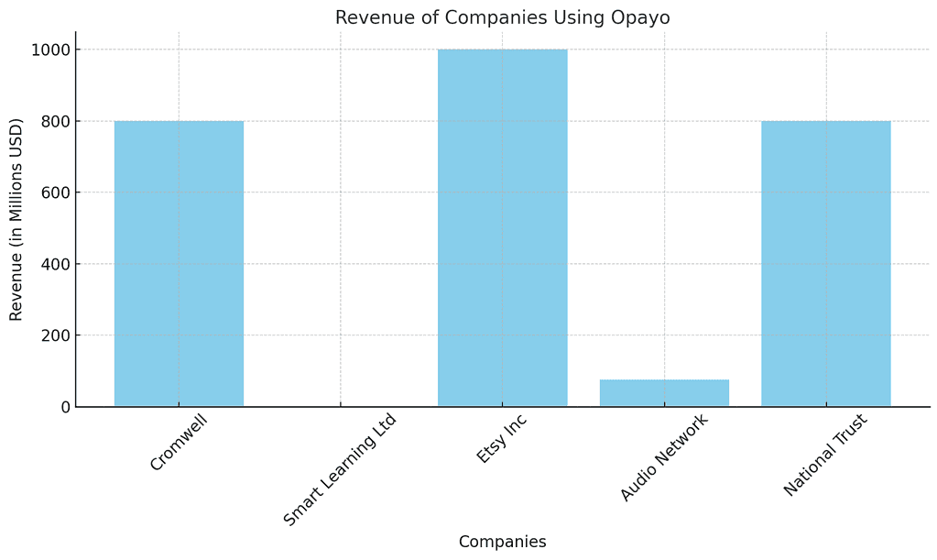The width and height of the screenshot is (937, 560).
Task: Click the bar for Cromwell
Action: pos(179,264)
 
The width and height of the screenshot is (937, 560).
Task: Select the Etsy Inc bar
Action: pos(502,228)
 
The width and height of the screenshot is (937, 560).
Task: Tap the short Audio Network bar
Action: pos(664,393)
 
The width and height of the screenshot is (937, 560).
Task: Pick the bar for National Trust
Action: pos(825,264)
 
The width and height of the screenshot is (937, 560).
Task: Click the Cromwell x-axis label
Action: pos(180,443)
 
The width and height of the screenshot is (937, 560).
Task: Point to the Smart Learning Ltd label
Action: pos(341,469)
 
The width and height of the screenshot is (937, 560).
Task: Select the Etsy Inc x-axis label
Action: pos(503,439)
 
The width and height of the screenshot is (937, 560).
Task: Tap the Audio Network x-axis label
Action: pos(664,457)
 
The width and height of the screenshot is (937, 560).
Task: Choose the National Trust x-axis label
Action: pos(825,455)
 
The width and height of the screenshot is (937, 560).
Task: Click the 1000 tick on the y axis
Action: pos(50,49)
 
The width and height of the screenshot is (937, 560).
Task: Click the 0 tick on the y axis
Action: pos(64,407)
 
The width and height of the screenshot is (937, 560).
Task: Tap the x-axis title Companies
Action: pos(502,542)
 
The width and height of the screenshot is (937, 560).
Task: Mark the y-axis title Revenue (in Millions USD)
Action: pos(16,219)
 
